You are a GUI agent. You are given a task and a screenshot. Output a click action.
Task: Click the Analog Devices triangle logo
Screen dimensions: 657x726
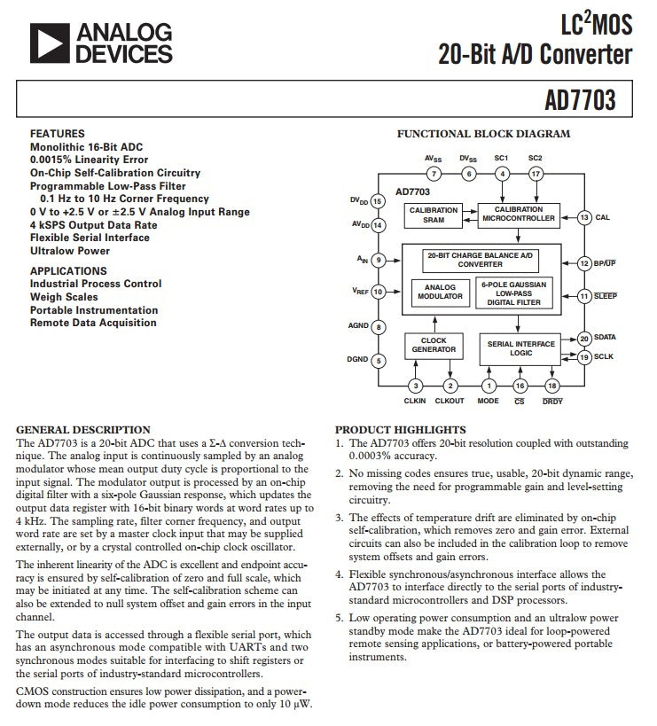pyautogui.click(x=50, y=43)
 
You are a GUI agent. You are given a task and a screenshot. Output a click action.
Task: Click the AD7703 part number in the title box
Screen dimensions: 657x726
pyautogui.click(x=580, y=99)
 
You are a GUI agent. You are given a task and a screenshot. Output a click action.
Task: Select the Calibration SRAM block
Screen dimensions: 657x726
pyautogui.click(x=434, y=215)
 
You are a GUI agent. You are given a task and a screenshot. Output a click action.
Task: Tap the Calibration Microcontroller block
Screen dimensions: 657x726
pyautogui.click(x=519, y=215)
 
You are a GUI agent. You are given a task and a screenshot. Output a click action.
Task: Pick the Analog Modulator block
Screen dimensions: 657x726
pyautogui.click(x=440, y=293)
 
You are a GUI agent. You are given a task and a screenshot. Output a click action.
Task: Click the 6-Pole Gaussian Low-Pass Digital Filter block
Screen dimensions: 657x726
pyautogui.click(x=514, y=293)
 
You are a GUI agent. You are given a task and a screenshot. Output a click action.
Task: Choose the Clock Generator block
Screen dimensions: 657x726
pyautogui.click(x=434, y=346)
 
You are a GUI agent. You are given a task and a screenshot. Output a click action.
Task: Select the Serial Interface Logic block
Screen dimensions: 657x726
pyautogui.click(x=520, y=349)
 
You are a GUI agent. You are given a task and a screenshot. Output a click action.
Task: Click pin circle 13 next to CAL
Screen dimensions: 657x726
pyautogui.click(x=584, y=217)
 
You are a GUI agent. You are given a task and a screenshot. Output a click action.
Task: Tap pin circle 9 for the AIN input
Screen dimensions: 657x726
pyautogui.click(x=379, y=261)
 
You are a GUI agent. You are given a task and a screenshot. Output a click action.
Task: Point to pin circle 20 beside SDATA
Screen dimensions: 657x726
pyautogui.click(x=584, y=339)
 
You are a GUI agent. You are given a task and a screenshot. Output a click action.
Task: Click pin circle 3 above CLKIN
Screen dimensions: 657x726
pyautogui.click(x=415, y=386)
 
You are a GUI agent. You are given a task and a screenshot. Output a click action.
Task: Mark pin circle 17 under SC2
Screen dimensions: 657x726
pyautogui.click(x=536, y=174)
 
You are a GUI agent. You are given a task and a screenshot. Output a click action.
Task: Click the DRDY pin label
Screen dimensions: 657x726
pyautogui.click(x=552, y=402)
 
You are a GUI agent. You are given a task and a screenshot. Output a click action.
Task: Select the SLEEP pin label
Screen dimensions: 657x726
pyautogui.click(x=606, y=296)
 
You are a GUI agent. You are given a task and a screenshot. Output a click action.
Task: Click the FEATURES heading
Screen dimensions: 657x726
pyautogui.click(x=58, y=134)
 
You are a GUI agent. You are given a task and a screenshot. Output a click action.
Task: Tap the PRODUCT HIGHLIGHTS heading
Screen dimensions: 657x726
pyautogui.click(x=401, y=430)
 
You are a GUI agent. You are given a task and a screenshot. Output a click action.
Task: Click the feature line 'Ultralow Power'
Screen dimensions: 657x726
pyautogui.click(x=70, y=251)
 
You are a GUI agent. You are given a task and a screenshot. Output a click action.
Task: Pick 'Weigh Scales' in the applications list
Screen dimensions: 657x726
pyautogui.click(x=64, y=297)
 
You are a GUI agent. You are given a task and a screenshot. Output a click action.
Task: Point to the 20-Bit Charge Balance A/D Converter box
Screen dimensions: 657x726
pyautogui.click(x=481, y=261)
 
